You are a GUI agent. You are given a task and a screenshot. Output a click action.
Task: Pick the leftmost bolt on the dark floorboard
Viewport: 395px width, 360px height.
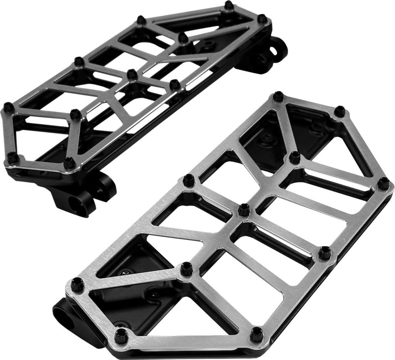(7, 105)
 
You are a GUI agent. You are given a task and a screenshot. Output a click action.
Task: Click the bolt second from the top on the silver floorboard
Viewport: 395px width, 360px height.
(339, 111)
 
